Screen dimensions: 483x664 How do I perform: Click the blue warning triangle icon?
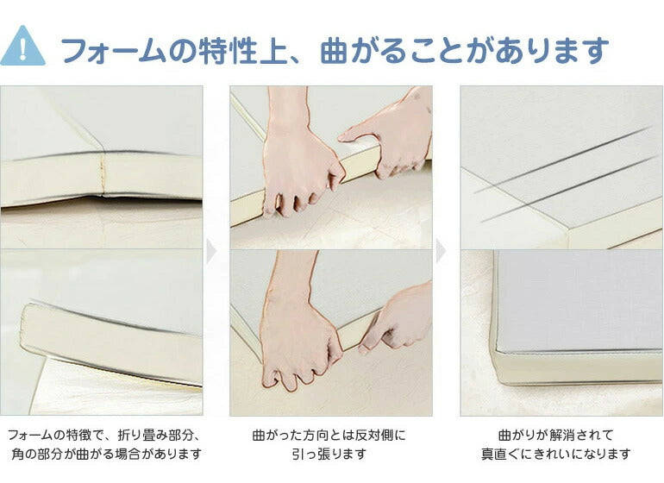click(x=23, y=47)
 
